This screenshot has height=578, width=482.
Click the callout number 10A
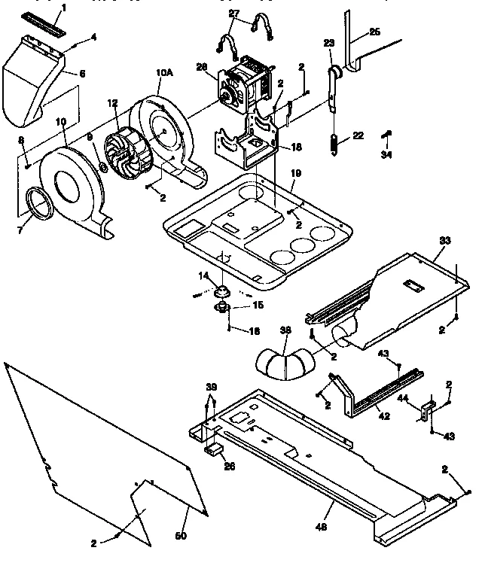point(163,73)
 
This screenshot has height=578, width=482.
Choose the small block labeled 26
point(213,451)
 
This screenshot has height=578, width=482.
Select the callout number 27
point(234,14)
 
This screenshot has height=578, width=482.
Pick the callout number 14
point(202,277)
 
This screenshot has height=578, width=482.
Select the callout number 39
point(210,387)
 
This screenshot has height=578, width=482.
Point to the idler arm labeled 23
point(332,83)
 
